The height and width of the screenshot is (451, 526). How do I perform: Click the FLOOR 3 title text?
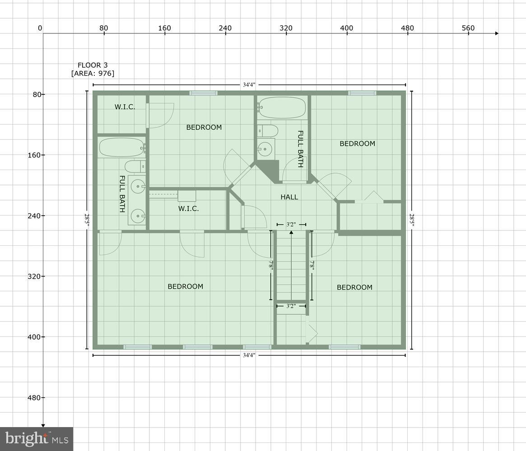[x=93, y=65]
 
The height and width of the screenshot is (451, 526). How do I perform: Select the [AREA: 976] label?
[x=93, y=73]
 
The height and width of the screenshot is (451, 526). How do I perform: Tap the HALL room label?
[x=289, y=197]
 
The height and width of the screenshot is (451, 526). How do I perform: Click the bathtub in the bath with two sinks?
[x=121, y=147]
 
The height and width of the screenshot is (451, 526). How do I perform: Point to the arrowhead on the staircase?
[x=291, y=233]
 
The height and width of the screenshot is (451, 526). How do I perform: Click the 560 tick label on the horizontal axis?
[x=468, y=28]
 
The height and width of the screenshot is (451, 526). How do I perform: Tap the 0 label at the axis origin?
[x=40, y=28]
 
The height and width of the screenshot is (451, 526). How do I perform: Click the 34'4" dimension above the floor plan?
[x=249, y=85]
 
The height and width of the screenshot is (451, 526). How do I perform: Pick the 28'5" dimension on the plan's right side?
[x=412, y=219]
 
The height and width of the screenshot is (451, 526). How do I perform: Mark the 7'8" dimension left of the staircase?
[x=271, y=265]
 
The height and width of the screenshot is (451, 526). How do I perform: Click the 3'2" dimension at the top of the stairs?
[x=291, y=224]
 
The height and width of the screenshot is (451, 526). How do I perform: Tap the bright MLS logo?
[x=37, y=439]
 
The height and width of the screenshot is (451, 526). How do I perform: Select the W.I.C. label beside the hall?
[x=188, y=208]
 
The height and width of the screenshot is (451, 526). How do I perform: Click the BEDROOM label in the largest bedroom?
[x=185, y=286]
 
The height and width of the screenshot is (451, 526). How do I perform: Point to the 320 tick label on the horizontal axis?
[x=286, y=28]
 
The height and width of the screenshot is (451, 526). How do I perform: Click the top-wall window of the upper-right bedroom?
[x=362, y=93]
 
